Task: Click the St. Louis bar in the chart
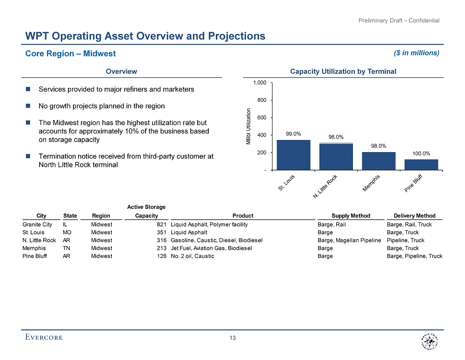(x=293, y=155)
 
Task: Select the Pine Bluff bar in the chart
(x=421, y=165)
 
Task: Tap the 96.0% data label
(x=336, y=137)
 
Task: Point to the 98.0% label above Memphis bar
(x=379, y=146)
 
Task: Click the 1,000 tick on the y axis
(x=259, y=83)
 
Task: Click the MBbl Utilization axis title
(x=248, y=127)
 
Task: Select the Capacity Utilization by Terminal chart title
(x=343, y=72)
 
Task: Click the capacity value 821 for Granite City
(x=161, y=225)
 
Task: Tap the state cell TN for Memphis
(x=66, y=248)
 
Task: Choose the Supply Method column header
(x=351, y=216)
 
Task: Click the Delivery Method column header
(x=414, y=216)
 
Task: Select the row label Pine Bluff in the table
(x=35, y=256)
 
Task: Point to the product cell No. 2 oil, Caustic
(x=193, y=256)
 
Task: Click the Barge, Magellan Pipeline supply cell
(x=349, y=240)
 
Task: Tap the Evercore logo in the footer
(x=44, y=337)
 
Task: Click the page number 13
(x=233, y=338)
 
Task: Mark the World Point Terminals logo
(x=427, y=343)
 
